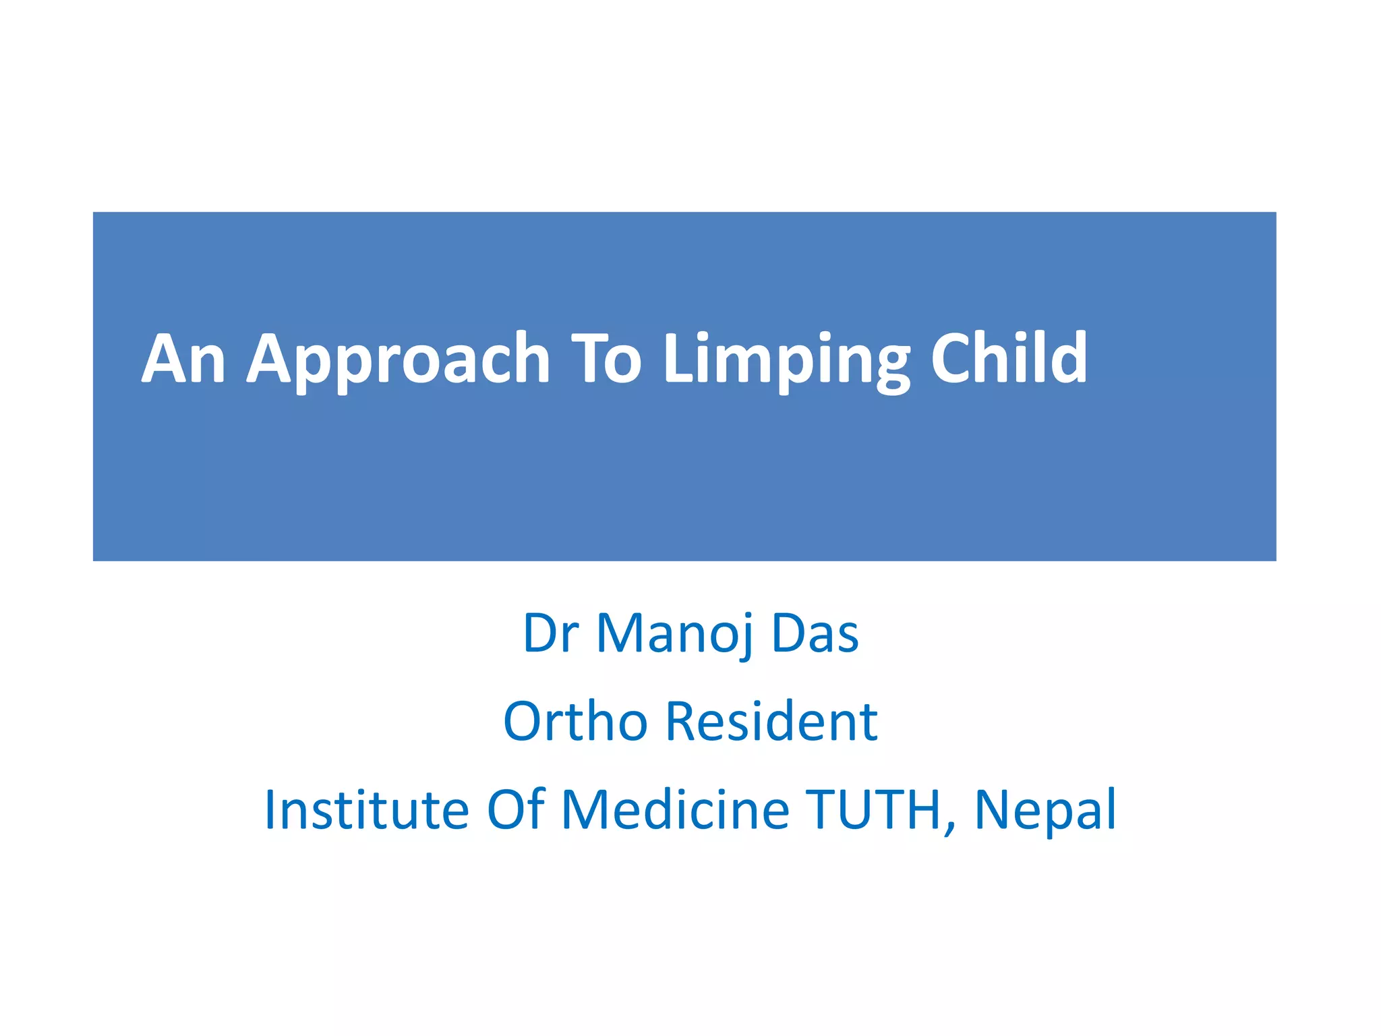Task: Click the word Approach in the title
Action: [x=398, y=361]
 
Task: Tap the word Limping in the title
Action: [x=786, y=361]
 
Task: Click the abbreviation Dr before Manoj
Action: [x=550, y=633]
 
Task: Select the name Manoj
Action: [x=674, y=633]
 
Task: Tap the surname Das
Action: [x=815, y=633]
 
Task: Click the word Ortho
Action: [x=575, y=721]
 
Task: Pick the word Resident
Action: [x=771, y=721]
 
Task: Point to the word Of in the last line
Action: [x=515, y=809]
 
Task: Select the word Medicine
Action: [x=675, y=809]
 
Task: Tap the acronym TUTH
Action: [x=875, y=809]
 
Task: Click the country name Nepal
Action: [x=1045, y=809]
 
